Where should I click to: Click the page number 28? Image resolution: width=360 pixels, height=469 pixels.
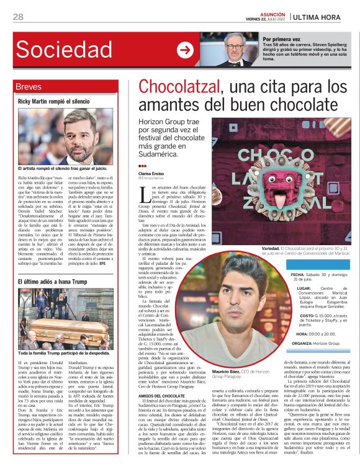pos(19,16)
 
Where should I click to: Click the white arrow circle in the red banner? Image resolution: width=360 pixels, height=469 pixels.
pos(185,51)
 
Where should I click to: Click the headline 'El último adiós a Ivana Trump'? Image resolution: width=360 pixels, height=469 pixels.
pos(53,282)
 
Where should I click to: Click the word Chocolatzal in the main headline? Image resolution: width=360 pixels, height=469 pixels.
pos(181,86)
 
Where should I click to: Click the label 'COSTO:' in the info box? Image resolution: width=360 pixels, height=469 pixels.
pos(299,315)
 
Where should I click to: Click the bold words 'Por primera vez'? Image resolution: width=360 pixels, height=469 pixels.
pos(281,38)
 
